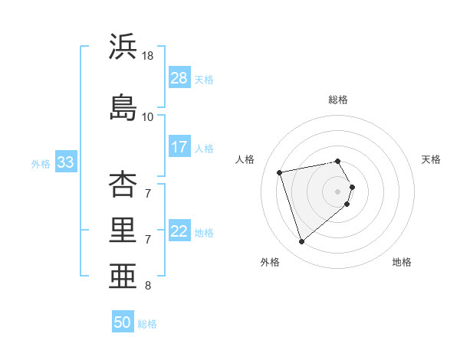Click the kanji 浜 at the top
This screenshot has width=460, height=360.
(x=123, y=47)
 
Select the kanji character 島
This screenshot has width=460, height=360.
(x=123, y=106)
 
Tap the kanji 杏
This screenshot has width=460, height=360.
(x=123, y=185)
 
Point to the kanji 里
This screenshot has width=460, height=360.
(x=123, y=230)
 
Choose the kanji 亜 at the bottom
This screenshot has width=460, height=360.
(x=123, y=275)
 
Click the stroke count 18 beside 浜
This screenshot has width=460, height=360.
(x=149, y=56)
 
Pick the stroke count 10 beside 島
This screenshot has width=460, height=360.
(x=148, y=116)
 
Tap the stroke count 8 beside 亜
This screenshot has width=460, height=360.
(x=148, y=286)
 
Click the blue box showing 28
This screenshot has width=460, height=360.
(x=179, y=78)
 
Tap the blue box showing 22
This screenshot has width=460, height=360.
(x=179, y=231)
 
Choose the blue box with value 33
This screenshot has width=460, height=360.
(x=65, y=162)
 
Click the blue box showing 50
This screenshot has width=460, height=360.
(x=123, y=322)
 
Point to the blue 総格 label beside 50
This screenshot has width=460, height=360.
(x=147, y=324)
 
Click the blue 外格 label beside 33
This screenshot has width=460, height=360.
(x=41, y=164)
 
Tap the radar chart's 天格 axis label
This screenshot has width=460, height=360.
(x=431, y=159)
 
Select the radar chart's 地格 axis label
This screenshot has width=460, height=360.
(x=402, y=262)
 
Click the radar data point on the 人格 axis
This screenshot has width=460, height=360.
(x=280, y=172)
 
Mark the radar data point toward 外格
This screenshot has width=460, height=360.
(x=301, y=242)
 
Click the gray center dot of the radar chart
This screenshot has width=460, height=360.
(x=337, y=190)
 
